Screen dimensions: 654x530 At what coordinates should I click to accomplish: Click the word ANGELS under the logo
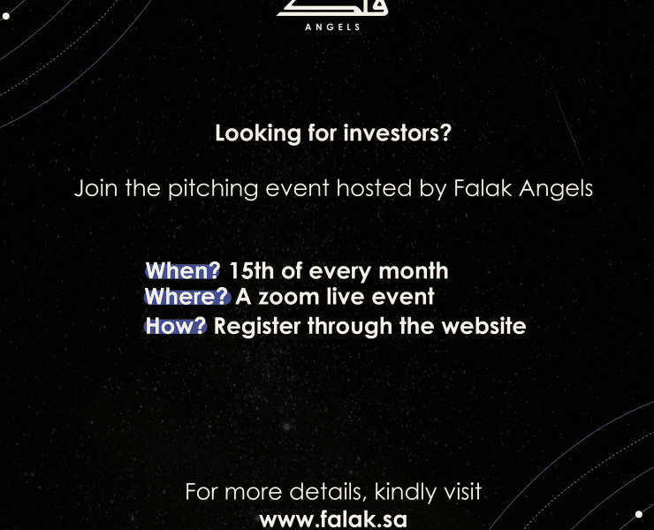(x=332, y=27)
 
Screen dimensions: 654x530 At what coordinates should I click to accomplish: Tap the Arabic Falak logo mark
(x=332, y=8)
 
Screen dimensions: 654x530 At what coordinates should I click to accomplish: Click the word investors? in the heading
(x=398, y=133)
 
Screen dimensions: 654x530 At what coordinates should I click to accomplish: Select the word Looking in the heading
(x=258, y=134)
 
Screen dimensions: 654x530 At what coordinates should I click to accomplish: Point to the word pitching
(x=213, y=188)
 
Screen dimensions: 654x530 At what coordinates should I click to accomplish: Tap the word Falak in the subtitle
(x=483, y=187)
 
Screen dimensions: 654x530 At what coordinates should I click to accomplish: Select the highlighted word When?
(x=182, y=270)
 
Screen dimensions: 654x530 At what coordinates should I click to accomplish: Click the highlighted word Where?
(x=187, y=297)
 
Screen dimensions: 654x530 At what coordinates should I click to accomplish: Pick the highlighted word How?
(x=176, y=326)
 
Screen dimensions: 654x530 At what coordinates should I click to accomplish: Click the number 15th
(x=252, y=270)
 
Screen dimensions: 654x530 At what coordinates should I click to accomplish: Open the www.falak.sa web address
(x=333, y=519)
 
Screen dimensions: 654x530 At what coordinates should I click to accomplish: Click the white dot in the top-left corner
(x=6, y=16)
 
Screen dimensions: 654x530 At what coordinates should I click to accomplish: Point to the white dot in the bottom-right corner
(x=639, y=514)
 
